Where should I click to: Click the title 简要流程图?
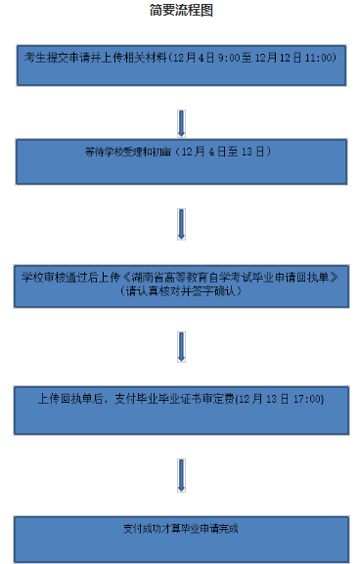click(181, 11)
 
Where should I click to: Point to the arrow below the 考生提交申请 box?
click(181, 123)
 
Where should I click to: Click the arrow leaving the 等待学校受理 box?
click(181, 224)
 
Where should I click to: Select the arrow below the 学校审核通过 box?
click(181, 347)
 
